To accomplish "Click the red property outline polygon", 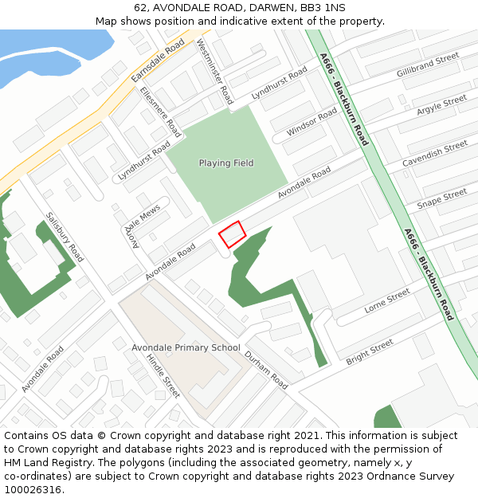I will (232, 234).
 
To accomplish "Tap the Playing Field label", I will (226, 163).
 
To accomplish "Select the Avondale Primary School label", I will (186, 347).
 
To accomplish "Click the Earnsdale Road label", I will (158, 59).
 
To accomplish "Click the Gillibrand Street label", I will (428, 65).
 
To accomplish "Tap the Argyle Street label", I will (441, 105).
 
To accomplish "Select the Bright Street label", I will (370, 352).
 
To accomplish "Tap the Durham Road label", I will (266, 370).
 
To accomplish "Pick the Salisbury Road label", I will (65, 237).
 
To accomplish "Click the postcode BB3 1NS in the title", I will (323, 7).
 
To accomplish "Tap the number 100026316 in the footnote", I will (33, 490).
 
